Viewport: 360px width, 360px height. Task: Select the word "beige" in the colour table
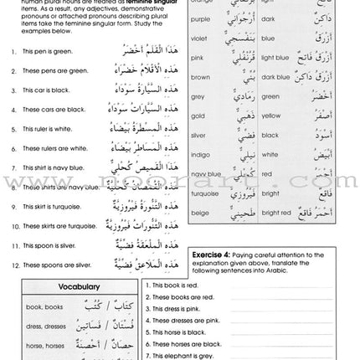click(x=199, y=212)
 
